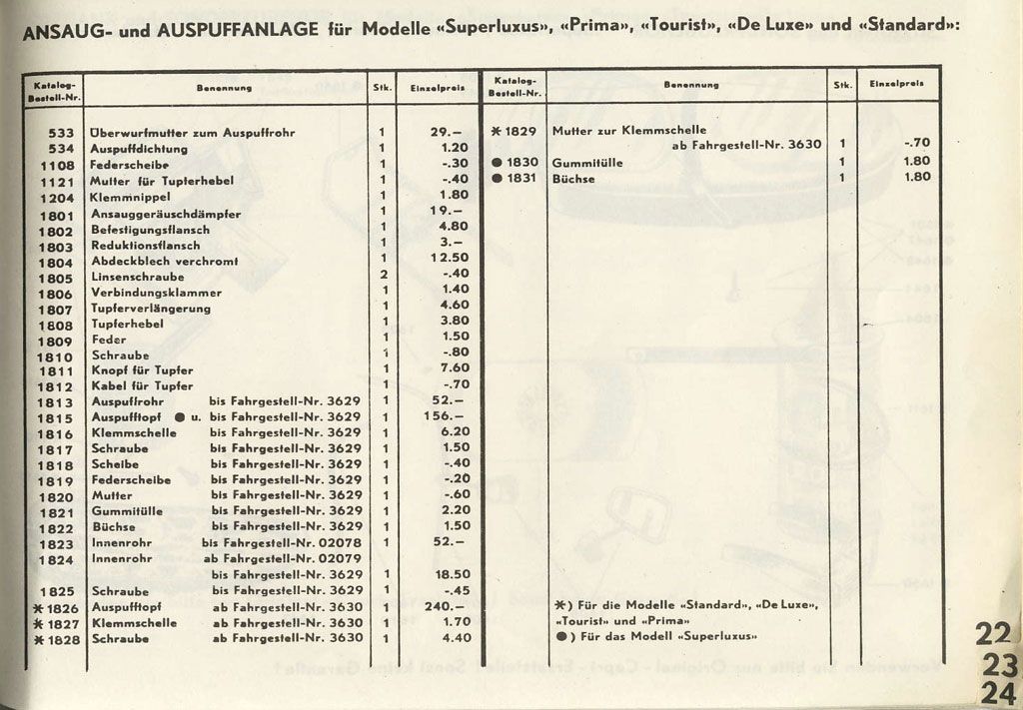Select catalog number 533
pos(62,132)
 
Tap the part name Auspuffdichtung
pos(138,148)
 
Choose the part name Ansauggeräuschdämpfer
pos(165,213)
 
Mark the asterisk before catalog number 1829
pos(497,131)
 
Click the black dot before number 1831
pos(497,180)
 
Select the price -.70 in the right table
pos(916,143)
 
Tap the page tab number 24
pos(996,693)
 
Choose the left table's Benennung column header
pos(224,88)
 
